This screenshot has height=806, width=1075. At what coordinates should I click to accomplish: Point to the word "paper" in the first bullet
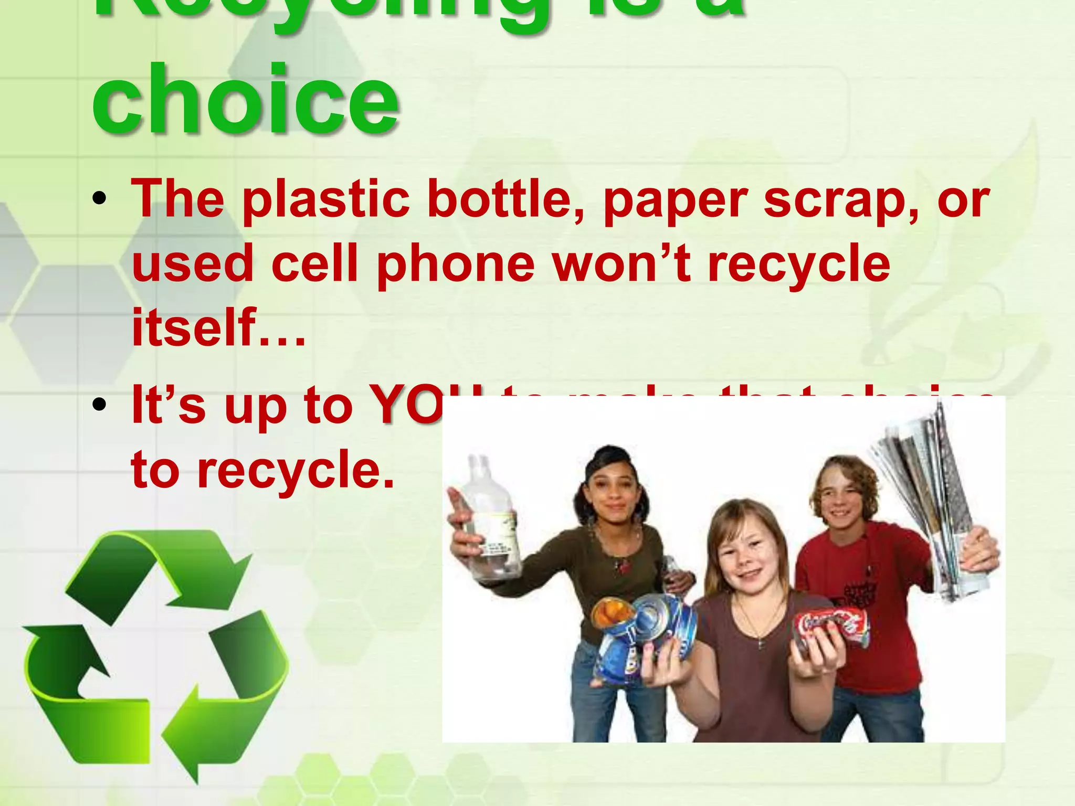click(675, 202)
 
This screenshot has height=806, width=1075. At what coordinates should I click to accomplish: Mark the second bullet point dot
click(99, 405)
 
